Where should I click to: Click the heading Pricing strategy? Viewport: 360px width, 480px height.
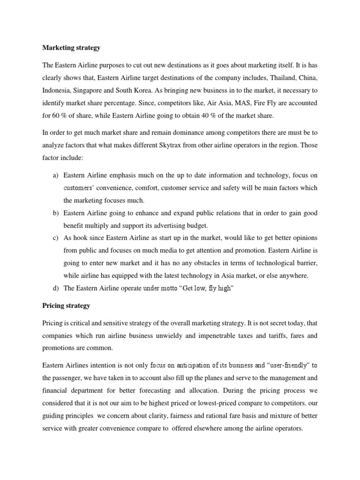pyautogui.click(x=66, y=306)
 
